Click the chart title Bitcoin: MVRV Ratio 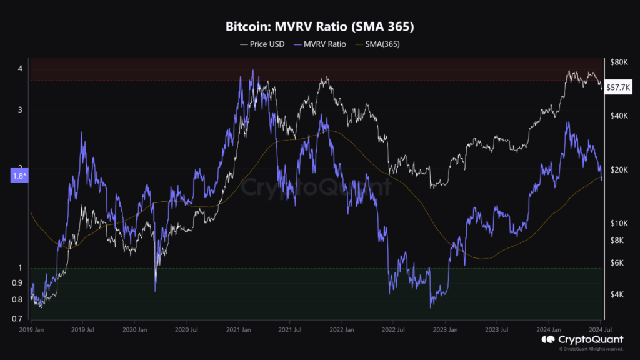tap(319, 27)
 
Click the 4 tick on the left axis tap(20, 68)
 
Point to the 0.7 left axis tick tap(18, 319)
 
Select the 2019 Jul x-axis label tap(82, 329)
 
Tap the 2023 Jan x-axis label tap(446, 329)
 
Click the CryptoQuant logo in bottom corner tap(581, 339)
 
